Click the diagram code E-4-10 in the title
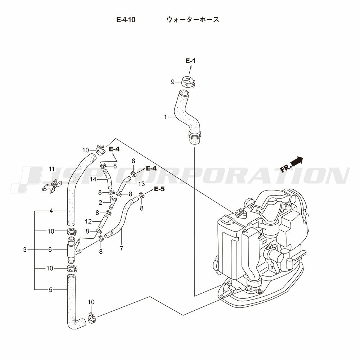coord(126,20)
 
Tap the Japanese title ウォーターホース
coord(193,19)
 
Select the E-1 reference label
coord(190,61)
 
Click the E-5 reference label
coord(159,189)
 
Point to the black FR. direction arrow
coord(297,161)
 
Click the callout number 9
coord(173,82)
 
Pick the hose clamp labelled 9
coord(188,81)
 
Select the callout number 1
coord(165,117)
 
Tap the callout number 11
coord(51,169)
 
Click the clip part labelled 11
coord(52,186)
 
